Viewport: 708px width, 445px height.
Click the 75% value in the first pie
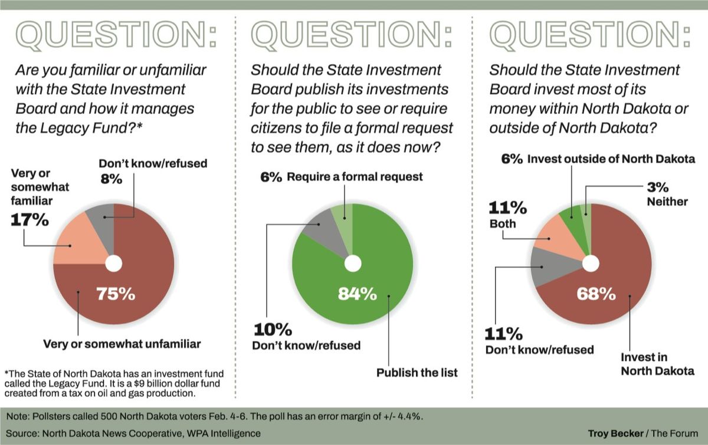[116, 293]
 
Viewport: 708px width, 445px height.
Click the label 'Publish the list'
[417, 373]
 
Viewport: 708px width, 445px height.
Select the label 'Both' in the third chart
[502, 224]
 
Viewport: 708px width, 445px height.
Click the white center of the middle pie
[353, 263]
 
